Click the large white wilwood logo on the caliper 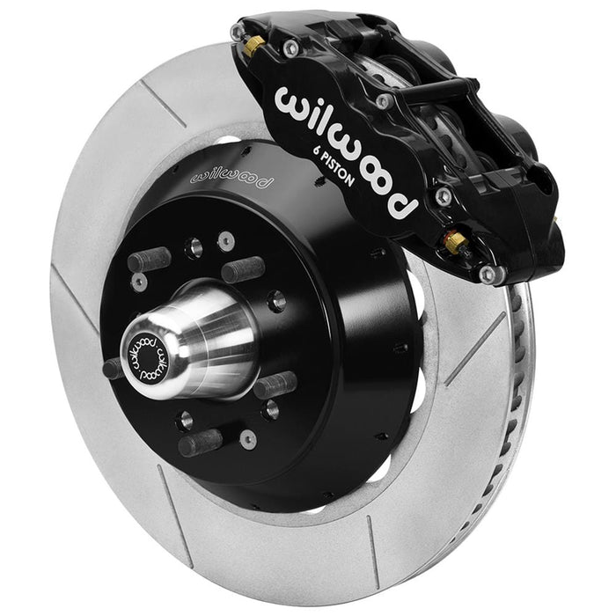pos(344,150)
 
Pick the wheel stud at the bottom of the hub pos(200,442)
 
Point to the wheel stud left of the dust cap pos(113,368)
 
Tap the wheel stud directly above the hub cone pos(243,269)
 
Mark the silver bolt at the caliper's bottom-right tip pos(487,275)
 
